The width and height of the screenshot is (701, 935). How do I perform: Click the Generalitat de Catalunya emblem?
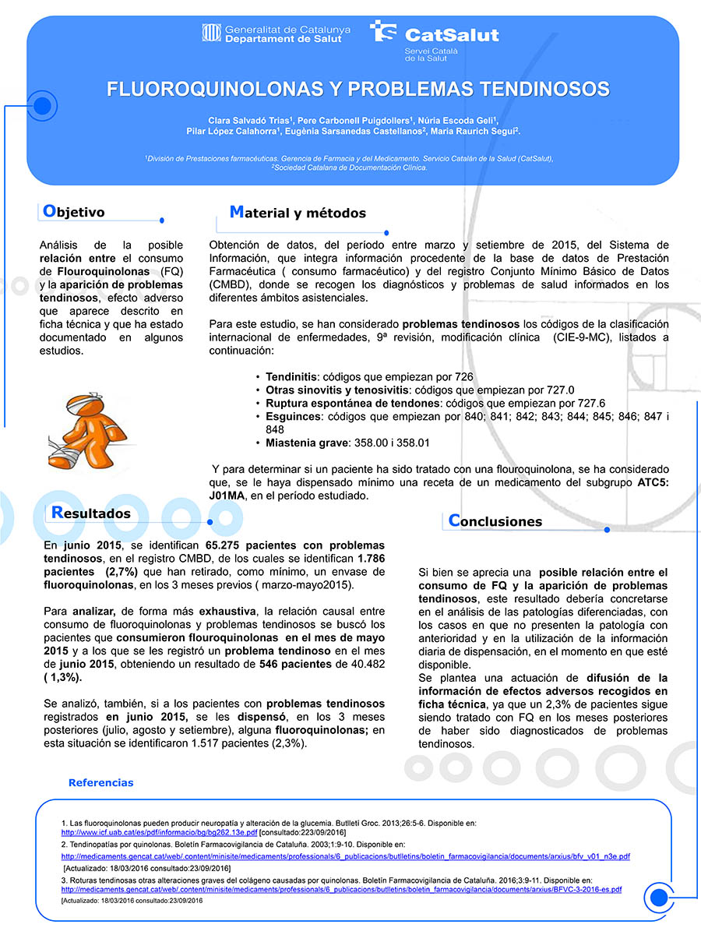pos(211,34)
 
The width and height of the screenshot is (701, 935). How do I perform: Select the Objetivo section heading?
pos(73,212)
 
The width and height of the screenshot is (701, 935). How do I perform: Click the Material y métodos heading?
pos(298,213)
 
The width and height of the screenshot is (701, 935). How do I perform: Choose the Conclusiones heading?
pos(495,521)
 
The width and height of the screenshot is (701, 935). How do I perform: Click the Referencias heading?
pos(101,782)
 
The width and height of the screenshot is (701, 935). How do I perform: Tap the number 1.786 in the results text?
pos(370,558)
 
